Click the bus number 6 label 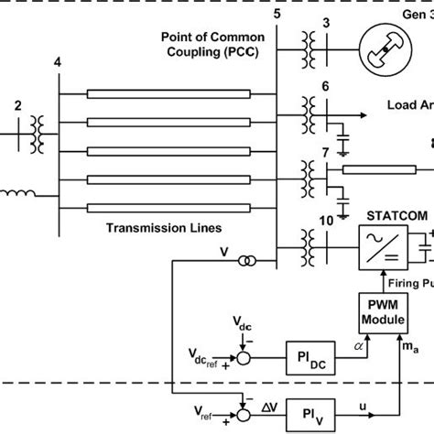pos(325,86)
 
